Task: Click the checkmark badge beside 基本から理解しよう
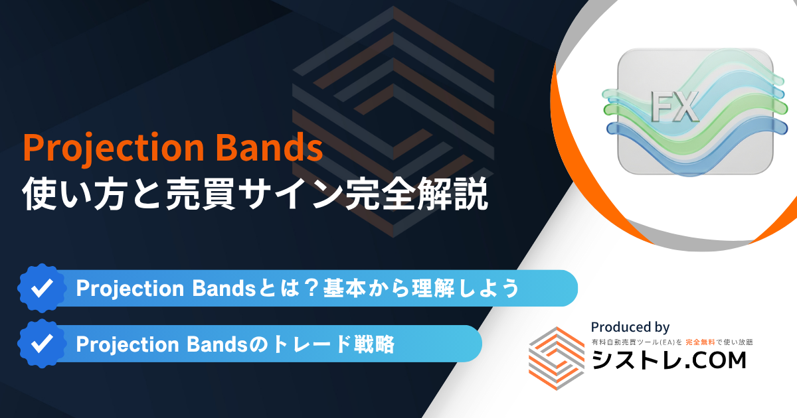click(x=43, y=288)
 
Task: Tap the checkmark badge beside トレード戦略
click(x=43, y=344)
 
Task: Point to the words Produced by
click(x=630, y=327)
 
